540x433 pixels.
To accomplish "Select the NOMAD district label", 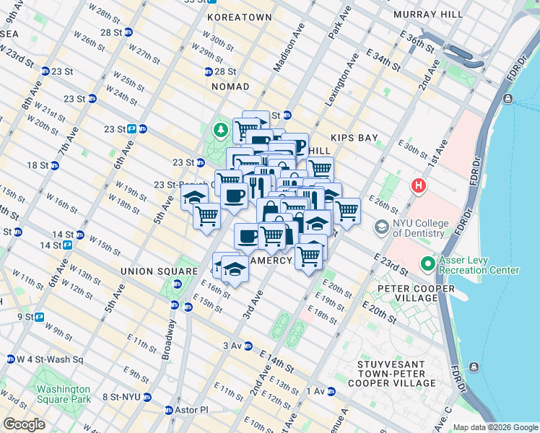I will click(x=230, y=87).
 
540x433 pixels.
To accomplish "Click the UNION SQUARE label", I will click(x=159, y=271).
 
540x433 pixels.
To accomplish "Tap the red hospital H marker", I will click(x=417, y=186).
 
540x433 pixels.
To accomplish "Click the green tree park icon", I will click(x=220, y=131).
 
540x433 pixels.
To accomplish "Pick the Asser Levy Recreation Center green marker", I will click(x=427, y=264).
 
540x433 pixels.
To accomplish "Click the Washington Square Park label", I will click(x=64, y=393).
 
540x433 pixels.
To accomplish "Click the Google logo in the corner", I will click(x=24, y=424).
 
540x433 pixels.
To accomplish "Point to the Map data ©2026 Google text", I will click(x=495, y=427).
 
